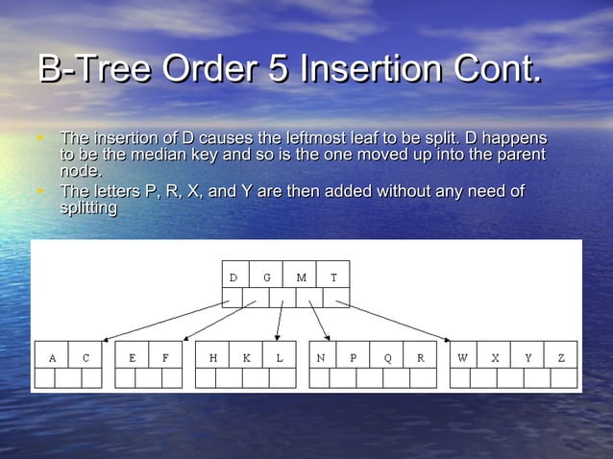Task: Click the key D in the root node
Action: (233, 278)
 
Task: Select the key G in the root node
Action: (267, 278)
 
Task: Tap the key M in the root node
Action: (301, 278)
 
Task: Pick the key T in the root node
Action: (333, 278)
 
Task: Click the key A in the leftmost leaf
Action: (52, 358)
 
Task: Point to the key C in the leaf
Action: (86, 358)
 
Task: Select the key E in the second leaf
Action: (133, 358)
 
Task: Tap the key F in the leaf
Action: (165, 358)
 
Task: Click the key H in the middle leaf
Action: (213, 358)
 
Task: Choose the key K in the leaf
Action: (246, 358)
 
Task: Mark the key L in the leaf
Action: (279, 358)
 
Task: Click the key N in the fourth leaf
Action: (321, 358)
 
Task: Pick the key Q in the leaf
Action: (387, 358)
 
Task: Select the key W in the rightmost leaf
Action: (462, 358)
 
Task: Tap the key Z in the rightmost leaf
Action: (561, 358)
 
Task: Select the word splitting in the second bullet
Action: (88, 207)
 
